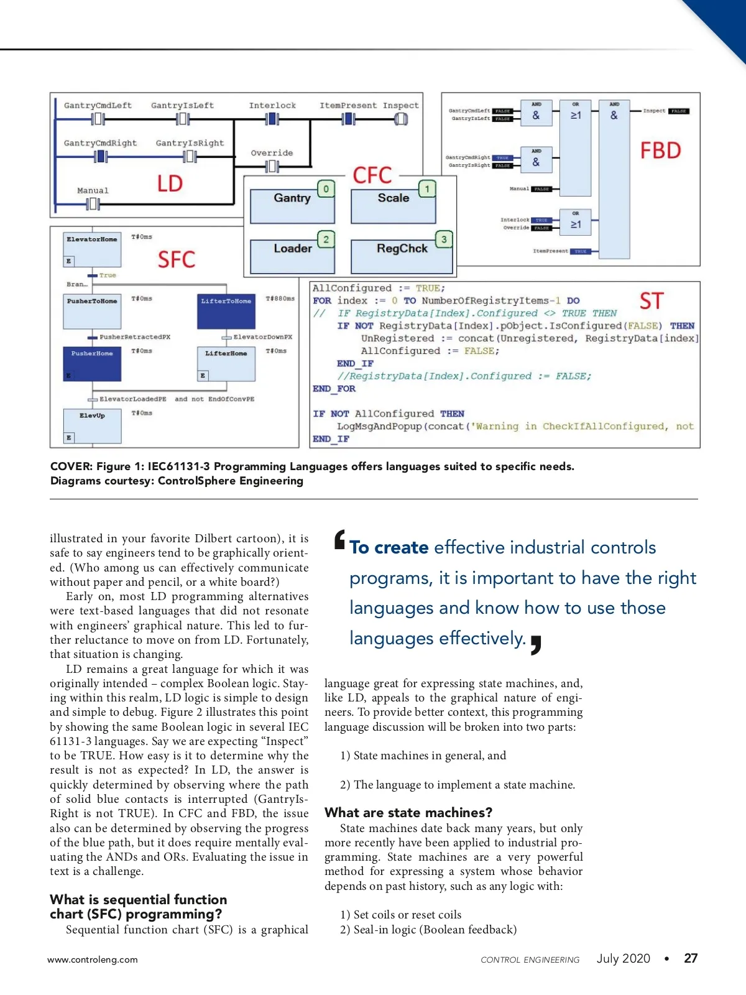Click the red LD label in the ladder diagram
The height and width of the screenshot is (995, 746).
coord(170,183)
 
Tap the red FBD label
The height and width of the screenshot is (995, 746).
coord(660,150)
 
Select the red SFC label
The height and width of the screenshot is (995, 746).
coord(177,259)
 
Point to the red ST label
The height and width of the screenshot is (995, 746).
coord(652,302)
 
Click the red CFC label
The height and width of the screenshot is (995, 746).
coord(372,175)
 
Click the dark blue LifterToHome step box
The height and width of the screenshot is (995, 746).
coord(226,312)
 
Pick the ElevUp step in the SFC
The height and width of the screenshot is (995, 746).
coord(92,426)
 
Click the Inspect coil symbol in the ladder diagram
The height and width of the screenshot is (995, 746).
coord(401,119)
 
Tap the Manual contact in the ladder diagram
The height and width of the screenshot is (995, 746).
coord(93,203)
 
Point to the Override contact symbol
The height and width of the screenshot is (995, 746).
coord(272,166)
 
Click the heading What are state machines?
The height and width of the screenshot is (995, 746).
coord(408,813)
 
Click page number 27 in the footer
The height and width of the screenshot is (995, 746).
coord(691,958)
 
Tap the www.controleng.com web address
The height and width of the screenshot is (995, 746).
coord(93,960)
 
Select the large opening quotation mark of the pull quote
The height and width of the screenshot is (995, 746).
coord(339,540)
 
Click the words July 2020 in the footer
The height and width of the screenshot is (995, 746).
coord(623,958)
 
